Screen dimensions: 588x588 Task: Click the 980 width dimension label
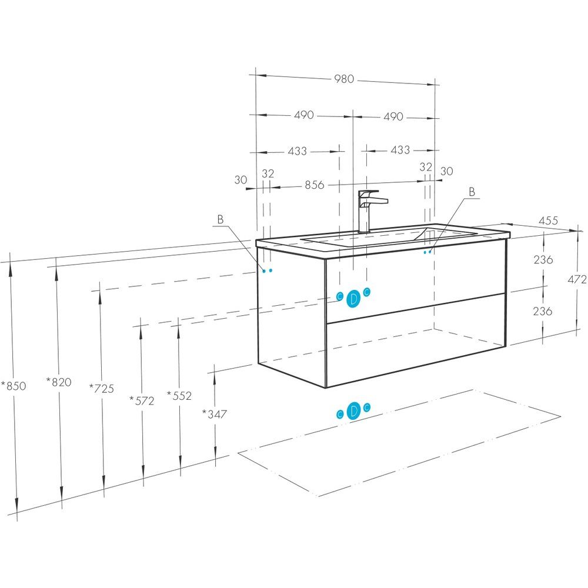tap(344, 79)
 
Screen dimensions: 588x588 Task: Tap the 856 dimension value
tap(314, 185)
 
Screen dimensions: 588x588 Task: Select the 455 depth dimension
tap(548, 220)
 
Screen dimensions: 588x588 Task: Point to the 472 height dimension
tap(577, 279)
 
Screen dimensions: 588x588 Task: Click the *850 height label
tap(14, 386)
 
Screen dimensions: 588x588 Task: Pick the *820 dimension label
tap(58, 382)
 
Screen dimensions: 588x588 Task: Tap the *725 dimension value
tap(102, 388)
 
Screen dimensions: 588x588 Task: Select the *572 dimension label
tap(142, 401)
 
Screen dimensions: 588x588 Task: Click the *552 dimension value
tap(179, 396)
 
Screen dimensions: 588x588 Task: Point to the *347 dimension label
tap(215, 414)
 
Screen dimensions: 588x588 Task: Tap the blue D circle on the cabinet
tap(353, 299)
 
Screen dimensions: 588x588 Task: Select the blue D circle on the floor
tap(353, 411)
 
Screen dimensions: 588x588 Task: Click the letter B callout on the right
tap(472, 192)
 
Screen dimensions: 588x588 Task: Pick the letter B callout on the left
tap(220, 219)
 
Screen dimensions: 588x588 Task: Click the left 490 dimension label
tap(304, 115)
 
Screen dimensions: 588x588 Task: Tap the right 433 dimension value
tap(400, 150)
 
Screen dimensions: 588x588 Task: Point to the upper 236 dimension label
tap(543, 259)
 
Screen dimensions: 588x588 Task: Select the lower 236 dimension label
tap(543, 311)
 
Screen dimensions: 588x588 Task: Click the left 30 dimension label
tap(240, 180)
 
